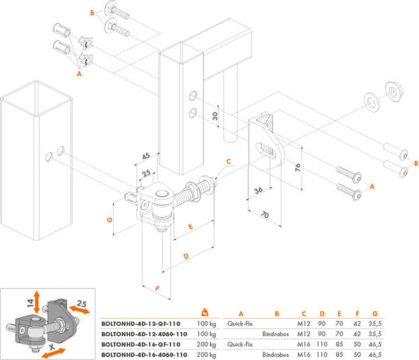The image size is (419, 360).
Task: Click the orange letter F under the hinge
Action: pos(157,287)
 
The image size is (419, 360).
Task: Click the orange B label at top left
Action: pos(92,13)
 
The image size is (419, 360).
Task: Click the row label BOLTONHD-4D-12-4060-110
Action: pos(145,335)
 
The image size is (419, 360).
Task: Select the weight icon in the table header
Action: pos(205,312)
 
